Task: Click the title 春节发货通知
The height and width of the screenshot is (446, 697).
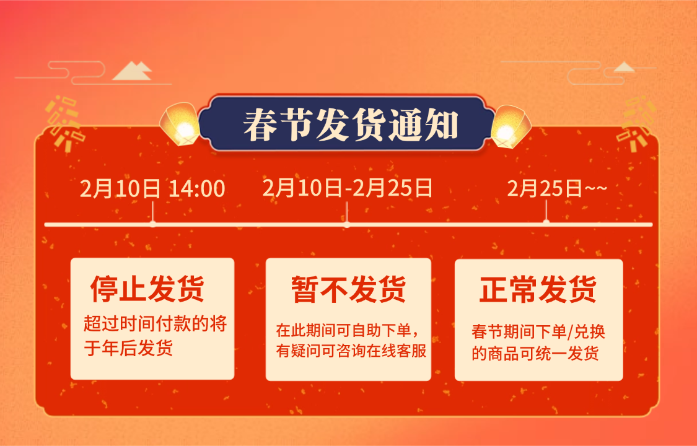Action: [x=351, y=125]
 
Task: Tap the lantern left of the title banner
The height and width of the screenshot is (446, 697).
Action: [x=181, y=125]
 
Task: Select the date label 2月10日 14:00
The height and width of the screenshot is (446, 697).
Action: [x=152, y=189]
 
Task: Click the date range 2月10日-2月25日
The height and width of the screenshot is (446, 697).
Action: [x=347, y=187]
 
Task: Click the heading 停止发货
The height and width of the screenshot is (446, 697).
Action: [x=147, y=289]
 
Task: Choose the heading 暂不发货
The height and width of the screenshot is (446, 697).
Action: [x=348, y=289]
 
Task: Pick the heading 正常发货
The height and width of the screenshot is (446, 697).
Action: [x=538, y=289]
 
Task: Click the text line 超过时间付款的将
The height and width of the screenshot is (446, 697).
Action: [x=156, y=324]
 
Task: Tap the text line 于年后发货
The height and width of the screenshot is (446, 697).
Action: [x=128, y=348]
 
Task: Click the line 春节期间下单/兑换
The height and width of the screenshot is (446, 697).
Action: [x=538, y=331]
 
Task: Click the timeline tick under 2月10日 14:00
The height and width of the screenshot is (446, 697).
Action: [x=153, y=222]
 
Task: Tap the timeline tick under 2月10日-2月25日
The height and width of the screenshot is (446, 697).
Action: [x=347, y=222]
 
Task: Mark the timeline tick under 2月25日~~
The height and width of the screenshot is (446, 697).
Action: [x=546, y=221]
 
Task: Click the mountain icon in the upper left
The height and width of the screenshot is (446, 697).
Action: [x=132, y=71]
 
